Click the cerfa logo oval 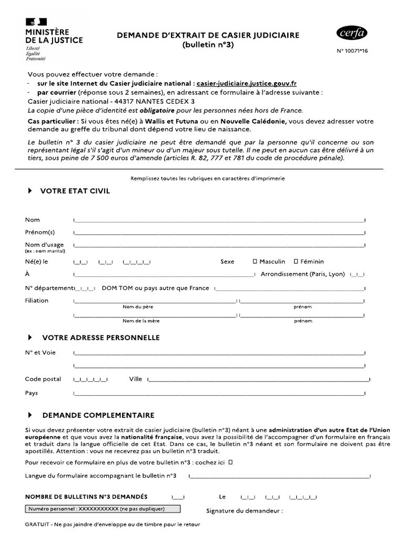tap(352, 34)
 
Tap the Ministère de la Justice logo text tap(54, 36)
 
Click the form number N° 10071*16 tap(352, 52)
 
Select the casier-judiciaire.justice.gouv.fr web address tap(247, 83)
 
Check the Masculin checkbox tap(255, 261)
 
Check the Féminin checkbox tap(296, 261)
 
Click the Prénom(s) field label tap(39, 232)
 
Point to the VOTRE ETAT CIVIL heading tap(75, 191)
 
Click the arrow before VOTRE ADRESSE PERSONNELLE tap(29, 337)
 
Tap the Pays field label tap(32, 393)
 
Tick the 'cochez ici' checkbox tap(231, 462)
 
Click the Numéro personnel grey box tap(103, 509)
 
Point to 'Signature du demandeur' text tap(244, 511)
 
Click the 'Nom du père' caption tap(138, 307)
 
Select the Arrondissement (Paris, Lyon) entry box tap(357, 275)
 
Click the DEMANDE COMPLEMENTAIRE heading tap(98, 415)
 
